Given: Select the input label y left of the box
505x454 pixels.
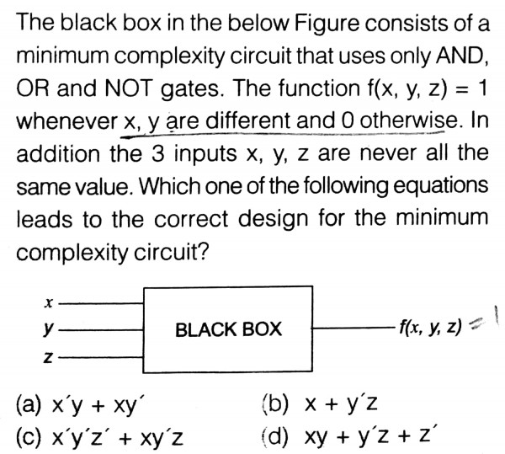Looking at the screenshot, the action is point(50,328).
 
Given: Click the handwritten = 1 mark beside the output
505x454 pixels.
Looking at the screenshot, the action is point(486,323).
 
